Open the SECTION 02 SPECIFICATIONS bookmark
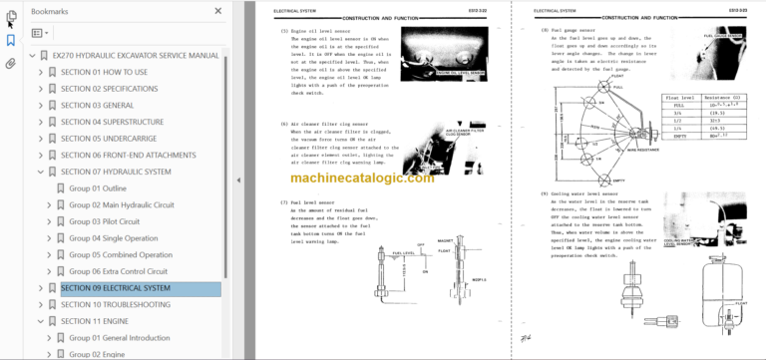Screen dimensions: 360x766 [x=109, y=88]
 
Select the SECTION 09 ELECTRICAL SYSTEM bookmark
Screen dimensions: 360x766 [x=115, y=288]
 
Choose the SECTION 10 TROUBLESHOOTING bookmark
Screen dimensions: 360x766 [x=115, y=304]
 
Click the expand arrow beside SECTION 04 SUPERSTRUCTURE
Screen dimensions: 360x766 [x=41, y=122]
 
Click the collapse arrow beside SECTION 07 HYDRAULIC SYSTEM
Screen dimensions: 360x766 [x=41, y=172]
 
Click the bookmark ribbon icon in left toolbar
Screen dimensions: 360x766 [x=10, y=41]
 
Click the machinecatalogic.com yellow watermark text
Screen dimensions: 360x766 [x=363, y=177]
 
